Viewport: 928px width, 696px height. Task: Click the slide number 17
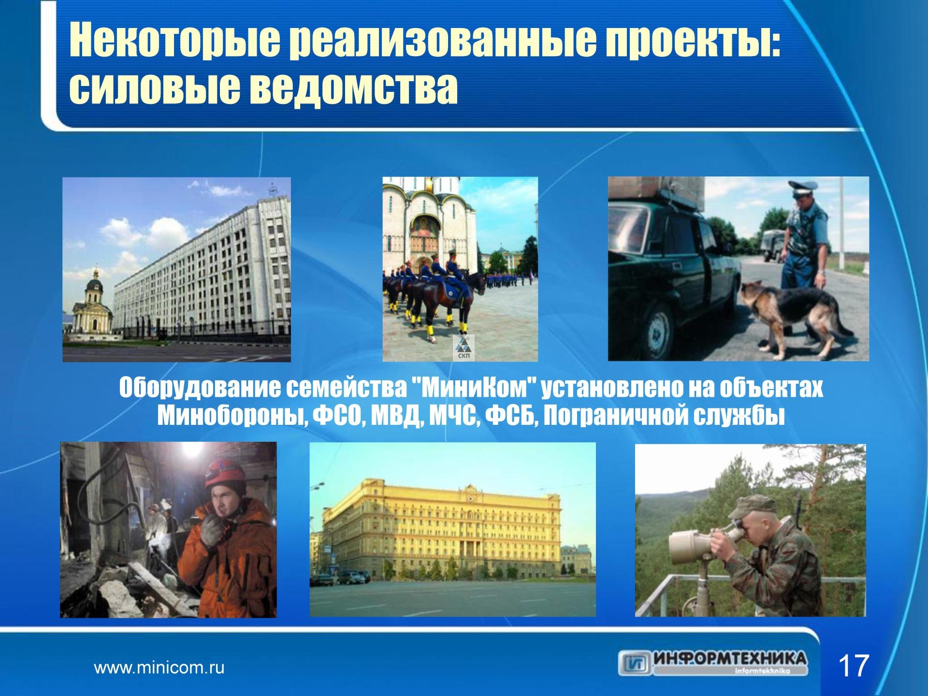tap(855, 666)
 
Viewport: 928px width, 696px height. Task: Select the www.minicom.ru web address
tap(159, 668)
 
